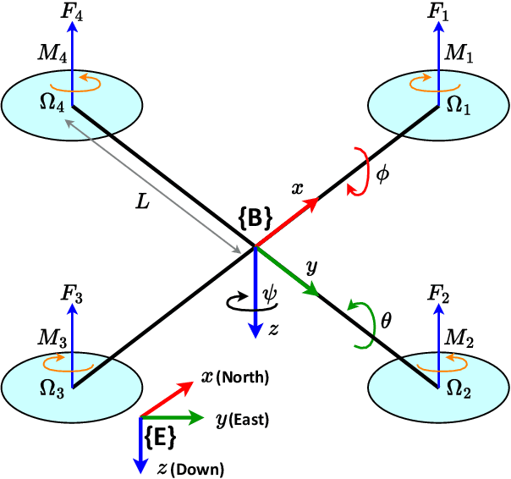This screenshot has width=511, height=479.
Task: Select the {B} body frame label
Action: tap(254, 218)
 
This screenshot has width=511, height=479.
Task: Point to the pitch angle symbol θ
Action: tap(386, 321)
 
